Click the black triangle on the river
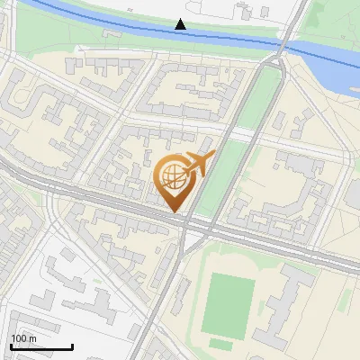click(180, 24)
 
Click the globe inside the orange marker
click(172, 176)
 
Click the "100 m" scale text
click(23, 338)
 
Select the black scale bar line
click(41, 346)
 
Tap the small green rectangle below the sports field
click(221, 345)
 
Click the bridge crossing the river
click(283, 45)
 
